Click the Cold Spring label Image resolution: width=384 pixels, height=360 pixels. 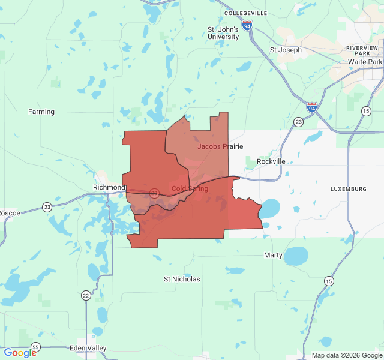point(190,188)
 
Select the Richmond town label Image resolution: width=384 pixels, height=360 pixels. point(109,187)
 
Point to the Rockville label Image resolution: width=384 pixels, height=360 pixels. point(271,161)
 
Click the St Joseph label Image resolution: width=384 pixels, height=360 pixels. point(286,50)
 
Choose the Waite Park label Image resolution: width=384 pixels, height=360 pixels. point(365,62)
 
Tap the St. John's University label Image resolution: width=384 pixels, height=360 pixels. point(223,33)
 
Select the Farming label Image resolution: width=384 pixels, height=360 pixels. point(41,112)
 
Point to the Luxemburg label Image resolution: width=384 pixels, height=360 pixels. point(348,189)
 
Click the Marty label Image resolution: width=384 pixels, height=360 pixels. point(273,255)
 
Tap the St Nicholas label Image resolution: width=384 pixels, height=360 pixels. point(182,279)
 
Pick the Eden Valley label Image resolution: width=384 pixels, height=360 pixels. point(88,348)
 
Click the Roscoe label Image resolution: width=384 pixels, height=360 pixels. point(10,213)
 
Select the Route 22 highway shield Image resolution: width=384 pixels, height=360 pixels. point(86,295)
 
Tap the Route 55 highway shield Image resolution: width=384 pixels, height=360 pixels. point(36,347)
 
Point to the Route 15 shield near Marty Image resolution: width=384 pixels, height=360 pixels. point(328,281)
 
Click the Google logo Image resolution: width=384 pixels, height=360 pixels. point(20,353)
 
